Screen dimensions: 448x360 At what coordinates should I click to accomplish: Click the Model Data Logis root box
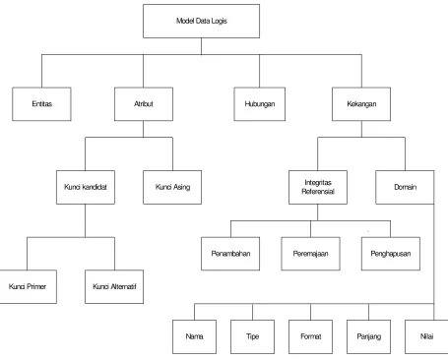(x=201, y=21)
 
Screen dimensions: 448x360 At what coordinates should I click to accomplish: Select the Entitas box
(x=41, y=104)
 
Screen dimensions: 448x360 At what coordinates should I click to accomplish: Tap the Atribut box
(x=144, y=104)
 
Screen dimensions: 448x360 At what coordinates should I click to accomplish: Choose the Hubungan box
(x=259, y=104)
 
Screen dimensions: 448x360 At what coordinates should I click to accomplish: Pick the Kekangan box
(x=361, y=104)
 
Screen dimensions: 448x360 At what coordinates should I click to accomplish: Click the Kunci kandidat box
(x=86, y=187)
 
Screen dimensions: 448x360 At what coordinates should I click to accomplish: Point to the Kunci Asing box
(x=172, y=187)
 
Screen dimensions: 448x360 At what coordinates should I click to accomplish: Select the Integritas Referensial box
(x=318, y=187)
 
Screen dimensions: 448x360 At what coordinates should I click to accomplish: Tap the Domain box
(x=405, y=187)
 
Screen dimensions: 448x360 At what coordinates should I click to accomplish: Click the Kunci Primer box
(x=28, y=286)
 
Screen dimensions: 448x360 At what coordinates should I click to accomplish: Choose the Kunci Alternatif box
(x=114, y=286)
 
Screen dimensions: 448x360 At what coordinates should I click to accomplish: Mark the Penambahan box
(x=230, y=254)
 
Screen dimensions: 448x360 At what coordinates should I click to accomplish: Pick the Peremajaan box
(x=310, y=254)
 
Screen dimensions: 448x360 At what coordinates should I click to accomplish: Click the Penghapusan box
(x=391, y=254)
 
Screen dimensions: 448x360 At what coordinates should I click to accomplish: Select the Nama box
(x=194, y=336)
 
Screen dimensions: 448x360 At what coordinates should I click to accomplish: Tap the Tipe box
(x=252, y=336)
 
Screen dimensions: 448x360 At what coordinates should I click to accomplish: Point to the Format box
(x=310, y=336)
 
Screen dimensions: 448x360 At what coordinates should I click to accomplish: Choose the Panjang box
(x=368, y=336)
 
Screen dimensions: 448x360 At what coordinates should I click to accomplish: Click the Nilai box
(x=426, y=336)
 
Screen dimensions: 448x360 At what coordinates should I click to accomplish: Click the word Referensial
(x=318, y=192)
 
